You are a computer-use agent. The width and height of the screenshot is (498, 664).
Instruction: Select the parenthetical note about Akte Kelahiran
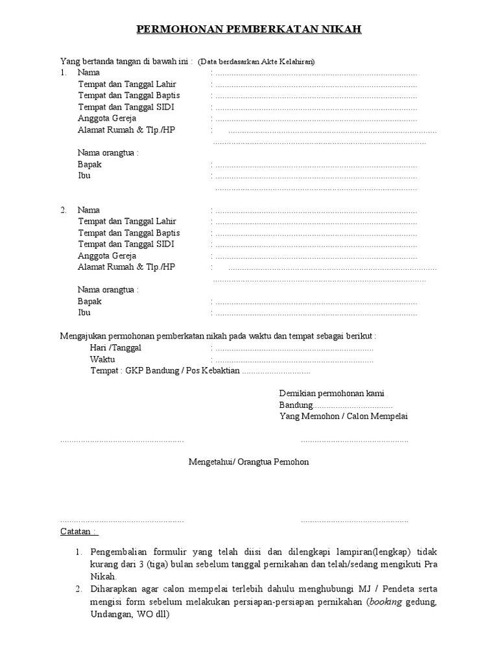(x=256, y=62)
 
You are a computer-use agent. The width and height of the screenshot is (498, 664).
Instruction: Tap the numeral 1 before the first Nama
(x=63, y=73)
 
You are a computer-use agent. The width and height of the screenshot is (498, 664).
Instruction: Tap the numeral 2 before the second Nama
(x=63, y=210)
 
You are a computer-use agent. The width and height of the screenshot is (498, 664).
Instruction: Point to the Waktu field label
(x=102, y=359)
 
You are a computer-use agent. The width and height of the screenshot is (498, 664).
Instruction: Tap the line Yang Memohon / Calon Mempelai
(x=344, y=416)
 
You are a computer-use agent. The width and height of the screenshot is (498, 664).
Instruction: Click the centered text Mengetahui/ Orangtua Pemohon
(x=248, y=462)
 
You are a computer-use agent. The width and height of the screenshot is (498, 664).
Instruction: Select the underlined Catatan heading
(x=78, y=532)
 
